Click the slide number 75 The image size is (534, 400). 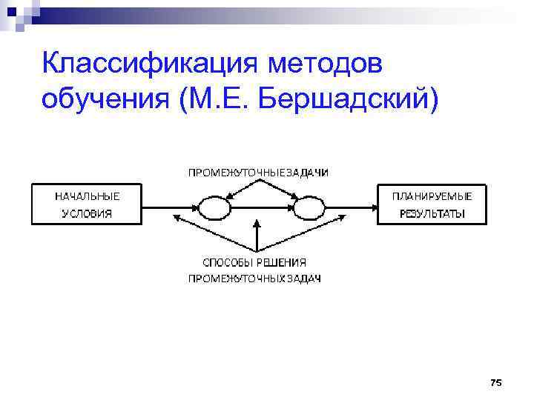(496, 382)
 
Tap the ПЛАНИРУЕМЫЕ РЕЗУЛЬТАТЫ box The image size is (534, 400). (432, 204)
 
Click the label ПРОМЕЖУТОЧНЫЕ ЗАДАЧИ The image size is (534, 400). (258, 172)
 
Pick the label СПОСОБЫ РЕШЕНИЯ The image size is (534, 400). (255, 262)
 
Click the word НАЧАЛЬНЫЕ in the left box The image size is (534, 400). (87, 196)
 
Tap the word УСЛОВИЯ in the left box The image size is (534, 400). (87, 214)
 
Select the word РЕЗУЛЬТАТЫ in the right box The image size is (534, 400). (432, 214)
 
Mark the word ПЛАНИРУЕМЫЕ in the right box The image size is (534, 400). (432, 196)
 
